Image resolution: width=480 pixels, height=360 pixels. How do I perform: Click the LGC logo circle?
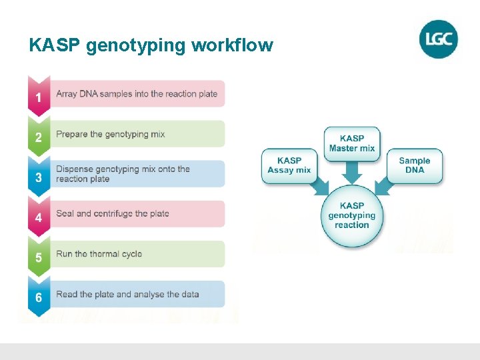tap(439, 39)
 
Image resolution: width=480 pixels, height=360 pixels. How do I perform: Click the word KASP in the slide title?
tap(55, 45)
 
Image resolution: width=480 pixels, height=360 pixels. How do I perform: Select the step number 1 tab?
tap(39, 97)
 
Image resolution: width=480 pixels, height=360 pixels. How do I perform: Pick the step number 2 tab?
tap(39, 137)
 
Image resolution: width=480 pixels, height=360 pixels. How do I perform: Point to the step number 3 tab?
tap(39, 177)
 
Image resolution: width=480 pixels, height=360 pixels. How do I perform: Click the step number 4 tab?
tap(39, 217)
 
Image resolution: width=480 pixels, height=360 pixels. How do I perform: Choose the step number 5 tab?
tap(39, 257)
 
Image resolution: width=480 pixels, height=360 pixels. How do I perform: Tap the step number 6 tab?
tap(39, 297)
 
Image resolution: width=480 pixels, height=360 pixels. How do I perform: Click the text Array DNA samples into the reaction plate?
tap(137, 94)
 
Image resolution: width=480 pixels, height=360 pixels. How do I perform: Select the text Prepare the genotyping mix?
tap(111, 134)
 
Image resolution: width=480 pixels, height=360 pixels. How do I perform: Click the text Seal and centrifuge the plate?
tap(113, 214)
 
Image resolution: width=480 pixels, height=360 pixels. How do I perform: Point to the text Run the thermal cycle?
tap(99, 254)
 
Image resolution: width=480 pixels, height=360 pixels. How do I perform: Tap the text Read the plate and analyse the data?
tap(127, 294)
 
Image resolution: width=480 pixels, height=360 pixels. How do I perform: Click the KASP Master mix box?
tap(352, 143)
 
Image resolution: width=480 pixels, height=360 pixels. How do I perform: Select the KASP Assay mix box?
tap(289, 165)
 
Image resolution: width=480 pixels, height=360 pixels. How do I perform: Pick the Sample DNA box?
tap(415, 165)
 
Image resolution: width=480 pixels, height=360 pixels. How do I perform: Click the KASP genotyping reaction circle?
tap(352, 215)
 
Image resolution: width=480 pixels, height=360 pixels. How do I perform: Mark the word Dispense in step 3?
tap(75, 169)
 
